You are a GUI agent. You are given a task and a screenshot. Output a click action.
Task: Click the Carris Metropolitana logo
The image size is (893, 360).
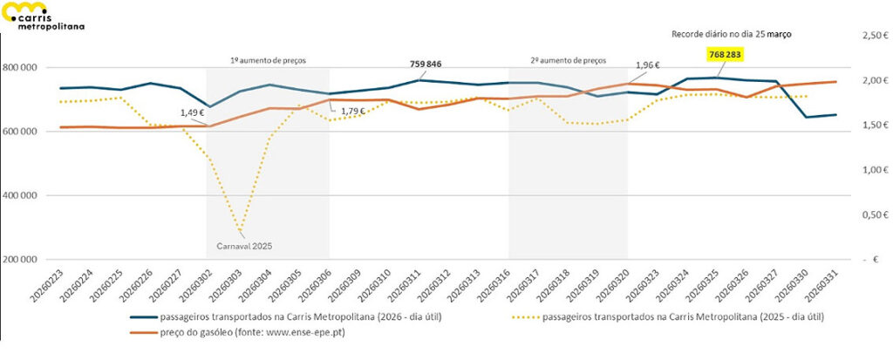(44, 17)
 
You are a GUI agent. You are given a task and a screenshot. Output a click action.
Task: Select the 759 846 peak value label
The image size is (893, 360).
(426, 64)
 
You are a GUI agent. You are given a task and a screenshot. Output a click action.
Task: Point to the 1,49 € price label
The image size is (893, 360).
(193, 112)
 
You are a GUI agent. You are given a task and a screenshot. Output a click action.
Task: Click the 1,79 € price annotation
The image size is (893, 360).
(352, 111)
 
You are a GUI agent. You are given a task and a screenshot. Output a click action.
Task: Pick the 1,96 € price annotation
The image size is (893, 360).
(647, 65)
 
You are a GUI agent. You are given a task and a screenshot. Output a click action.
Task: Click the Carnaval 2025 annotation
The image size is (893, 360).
(240, 246)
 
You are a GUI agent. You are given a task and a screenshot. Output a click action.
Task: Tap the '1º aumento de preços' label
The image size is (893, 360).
(268, 61)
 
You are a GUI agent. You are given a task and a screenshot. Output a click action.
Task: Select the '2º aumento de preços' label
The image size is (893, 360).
(568, 61)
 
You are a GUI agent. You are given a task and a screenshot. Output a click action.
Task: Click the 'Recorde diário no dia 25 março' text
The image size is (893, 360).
(730, 34)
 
